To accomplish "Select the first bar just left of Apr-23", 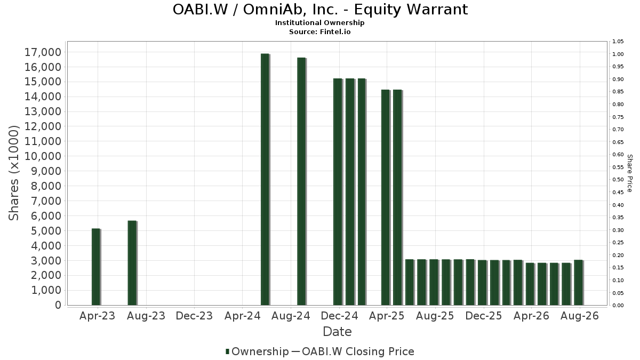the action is click(96, 267).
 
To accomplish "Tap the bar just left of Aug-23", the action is click(132, 263).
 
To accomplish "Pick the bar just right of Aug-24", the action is click(302, 181).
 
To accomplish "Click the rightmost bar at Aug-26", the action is click(579, 283).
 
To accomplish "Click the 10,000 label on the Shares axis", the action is click(43, 156).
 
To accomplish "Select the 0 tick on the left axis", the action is click(58, 305).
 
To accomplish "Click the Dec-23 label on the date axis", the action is click(194, 316).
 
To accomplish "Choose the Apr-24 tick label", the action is click(243, 316).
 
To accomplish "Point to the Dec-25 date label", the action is click(483, 316).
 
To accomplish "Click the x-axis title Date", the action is click(337, 332).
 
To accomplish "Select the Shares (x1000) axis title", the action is click(13, 173).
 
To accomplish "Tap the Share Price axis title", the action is click(629, 173).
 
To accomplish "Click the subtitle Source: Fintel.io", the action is click(319, 31).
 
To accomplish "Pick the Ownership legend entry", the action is click(257, 351).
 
